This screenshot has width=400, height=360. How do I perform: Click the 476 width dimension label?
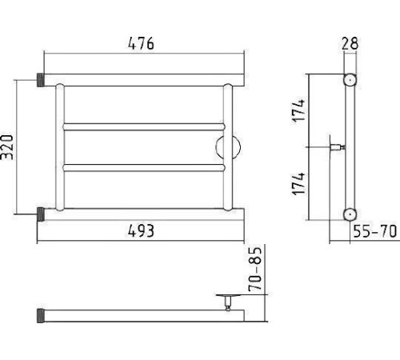(141, 43)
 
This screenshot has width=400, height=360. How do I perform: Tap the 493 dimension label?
(141, 231)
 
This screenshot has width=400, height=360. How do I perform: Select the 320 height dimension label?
(7, 147)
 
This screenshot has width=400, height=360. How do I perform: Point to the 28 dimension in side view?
(350, 43)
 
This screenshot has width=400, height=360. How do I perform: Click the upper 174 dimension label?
(298, 110)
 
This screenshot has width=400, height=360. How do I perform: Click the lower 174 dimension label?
(298, 184)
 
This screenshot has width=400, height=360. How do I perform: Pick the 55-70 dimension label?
(375, 231)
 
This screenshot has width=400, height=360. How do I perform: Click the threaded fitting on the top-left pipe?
(41, 80)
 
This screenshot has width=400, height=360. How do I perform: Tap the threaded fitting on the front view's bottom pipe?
(41, 214)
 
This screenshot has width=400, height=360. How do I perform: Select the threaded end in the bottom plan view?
(41, 316)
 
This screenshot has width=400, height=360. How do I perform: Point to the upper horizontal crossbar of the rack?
(144, 127)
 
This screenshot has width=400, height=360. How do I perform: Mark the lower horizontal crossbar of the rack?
(144, 168)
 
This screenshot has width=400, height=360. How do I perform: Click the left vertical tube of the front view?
(60, 147)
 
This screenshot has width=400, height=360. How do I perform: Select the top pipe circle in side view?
(350, 80)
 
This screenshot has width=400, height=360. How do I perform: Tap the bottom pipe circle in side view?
(350, 214)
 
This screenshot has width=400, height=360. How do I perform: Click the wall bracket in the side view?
(337, 147)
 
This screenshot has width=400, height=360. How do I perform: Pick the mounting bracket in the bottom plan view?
(228, 302)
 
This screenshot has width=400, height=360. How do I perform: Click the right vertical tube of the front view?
(228, 147)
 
